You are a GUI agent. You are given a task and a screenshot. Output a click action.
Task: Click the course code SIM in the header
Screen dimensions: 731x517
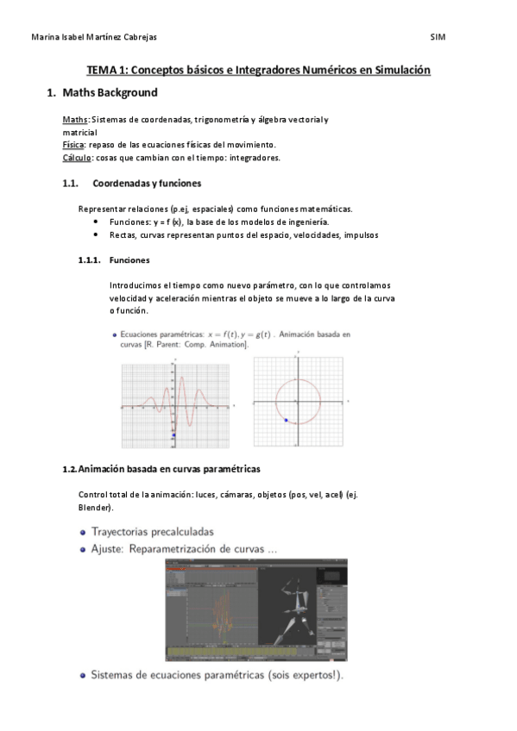(x=438, y=37)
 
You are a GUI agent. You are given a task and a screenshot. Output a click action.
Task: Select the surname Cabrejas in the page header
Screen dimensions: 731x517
(x=136, y=37)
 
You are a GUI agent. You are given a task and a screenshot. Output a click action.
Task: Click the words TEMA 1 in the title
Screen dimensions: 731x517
(x=107, y=70)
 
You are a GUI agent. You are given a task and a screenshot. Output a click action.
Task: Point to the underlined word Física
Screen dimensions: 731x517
(x=73, y=145)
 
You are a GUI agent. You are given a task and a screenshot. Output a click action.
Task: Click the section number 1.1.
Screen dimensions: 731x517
(x=71, y=183)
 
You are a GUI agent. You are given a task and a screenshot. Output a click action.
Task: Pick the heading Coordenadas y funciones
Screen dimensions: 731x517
(x=147, y=183)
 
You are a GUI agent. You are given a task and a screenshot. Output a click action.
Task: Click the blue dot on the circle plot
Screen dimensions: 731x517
(x=287, y=420)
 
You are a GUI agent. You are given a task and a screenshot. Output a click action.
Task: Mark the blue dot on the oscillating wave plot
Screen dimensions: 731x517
(x=173, y=436)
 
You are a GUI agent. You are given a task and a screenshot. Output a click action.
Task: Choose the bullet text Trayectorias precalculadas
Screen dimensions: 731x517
(x=153, y=532)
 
